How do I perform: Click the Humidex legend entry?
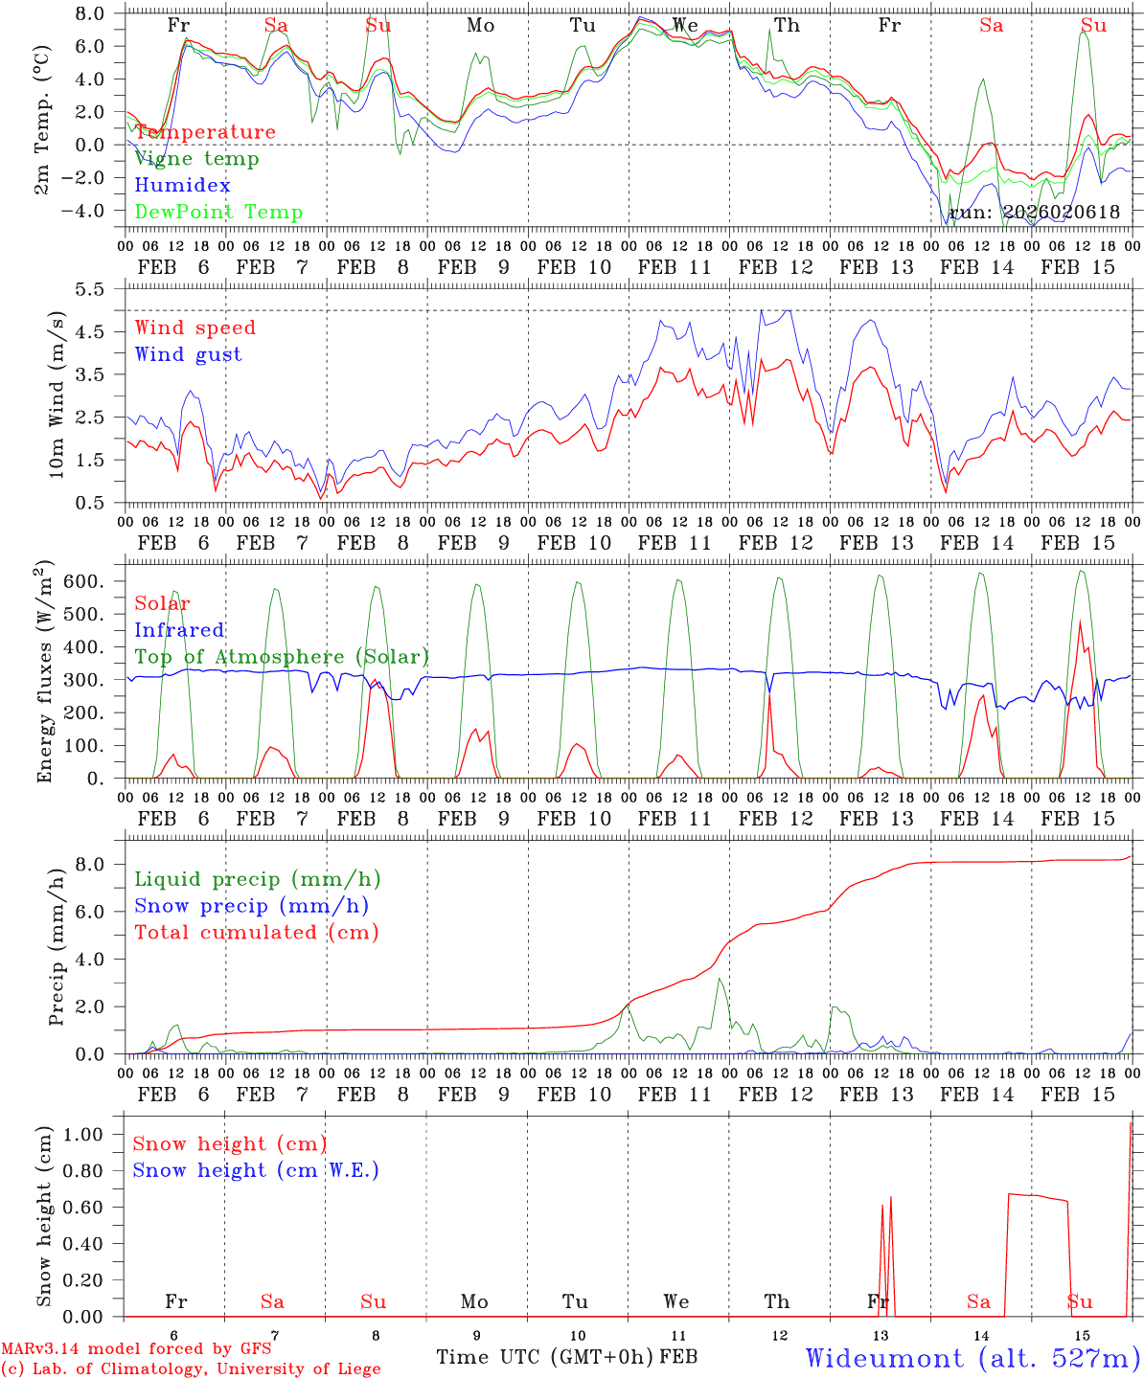[182, 186]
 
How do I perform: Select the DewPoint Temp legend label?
[218, 213]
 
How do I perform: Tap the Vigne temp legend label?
[196, 159]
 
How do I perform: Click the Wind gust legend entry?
[188, 354]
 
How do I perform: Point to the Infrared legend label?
[179, 630]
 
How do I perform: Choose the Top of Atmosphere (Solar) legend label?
[281, 657]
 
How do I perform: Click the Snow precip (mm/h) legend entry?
[251, 906]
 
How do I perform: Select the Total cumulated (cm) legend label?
[256, 933]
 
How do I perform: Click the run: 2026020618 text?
[1034, 213]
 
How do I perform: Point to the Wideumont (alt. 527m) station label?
[972, 1358]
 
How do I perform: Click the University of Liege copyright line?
[191, 1368]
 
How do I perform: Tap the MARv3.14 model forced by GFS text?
[135, 1349]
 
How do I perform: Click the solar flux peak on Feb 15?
[1080, 622]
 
